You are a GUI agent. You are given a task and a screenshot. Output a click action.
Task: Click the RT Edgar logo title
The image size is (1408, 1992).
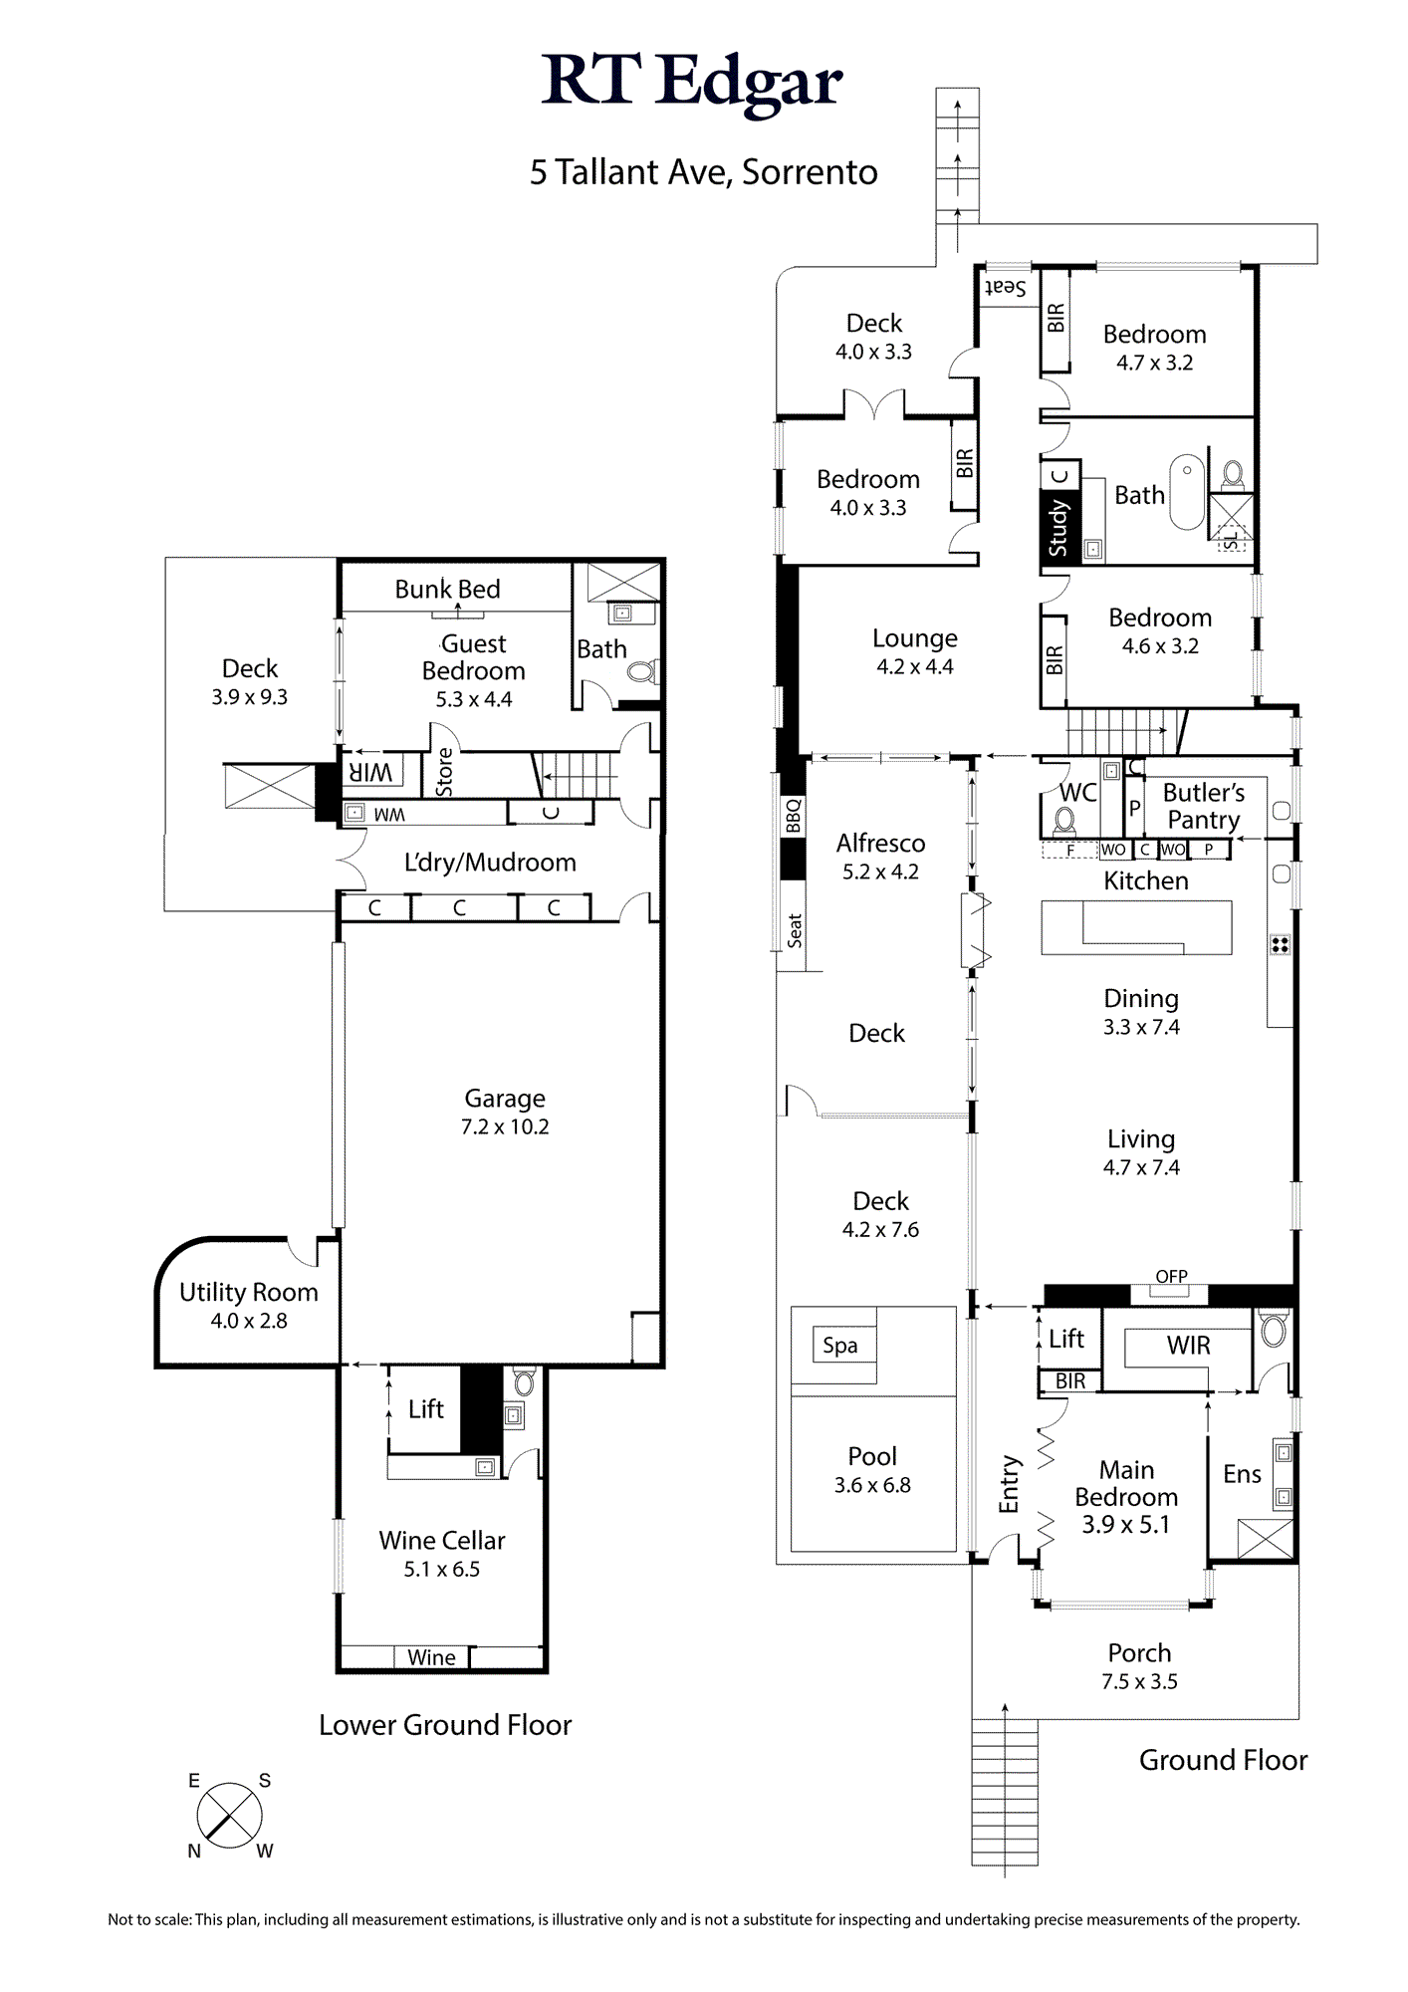(x=692, y=83)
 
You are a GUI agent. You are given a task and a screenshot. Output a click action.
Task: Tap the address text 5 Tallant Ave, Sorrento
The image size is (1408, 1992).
(x=703, y=172)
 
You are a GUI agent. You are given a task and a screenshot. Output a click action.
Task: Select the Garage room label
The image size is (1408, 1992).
(x=505, y=1098)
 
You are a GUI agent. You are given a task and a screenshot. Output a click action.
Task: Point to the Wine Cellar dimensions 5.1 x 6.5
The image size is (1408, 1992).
(x=442, y=1569)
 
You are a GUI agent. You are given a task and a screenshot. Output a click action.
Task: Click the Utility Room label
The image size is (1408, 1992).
(x=249, y=1292)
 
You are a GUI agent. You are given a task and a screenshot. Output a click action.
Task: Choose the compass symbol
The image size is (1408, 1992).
(x=230, y=1816)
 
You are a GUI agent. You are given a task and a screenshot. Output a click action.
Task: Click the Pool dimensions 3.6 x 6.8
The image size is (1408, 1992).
(x=872, y=1485)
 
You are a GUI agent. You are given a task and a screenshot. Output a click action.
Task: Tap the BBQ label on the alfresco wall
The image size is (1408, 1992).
(x=793, y=816)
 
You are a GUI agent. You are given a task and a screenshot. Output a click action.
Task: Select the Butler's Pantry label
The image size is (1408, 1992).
(x=1204, y=806)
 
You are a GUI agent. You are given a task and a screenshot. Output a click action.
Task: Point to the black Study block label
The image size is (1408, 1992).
(x=1058, y=528)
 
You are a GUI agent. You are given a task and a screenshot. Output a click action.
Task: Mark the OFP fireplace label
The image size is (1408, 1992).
(x=1171, y=1276)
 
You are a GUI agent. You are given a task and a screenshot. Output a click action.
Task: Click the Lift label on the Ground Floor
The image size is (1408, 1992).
(x=1066, y=1339)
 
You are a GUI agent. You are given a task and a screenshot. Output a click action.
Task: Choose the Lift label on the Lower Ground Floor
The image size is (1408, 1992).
(x=426, y=1408)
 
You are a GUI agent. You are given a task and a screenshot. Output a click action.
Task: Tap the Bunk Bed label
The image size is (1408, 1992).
(x=447, y=589)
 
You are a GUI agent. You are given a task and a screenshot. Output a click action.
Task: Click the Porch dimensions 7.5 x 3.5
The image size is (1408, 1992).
(x=1139, y=1681)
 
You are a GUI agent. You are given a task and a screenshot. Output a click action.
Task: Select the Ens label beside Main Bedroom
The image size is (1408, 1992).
(x=1242, y=1474)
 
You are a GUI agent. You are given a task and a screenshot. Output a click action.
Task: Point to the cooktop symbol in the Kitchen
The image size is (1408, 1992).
(x=1281, y=944)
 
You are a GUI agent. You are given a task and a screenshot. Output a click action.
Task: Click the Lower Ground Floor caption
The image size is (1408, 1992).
(x=445, y=1725)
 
